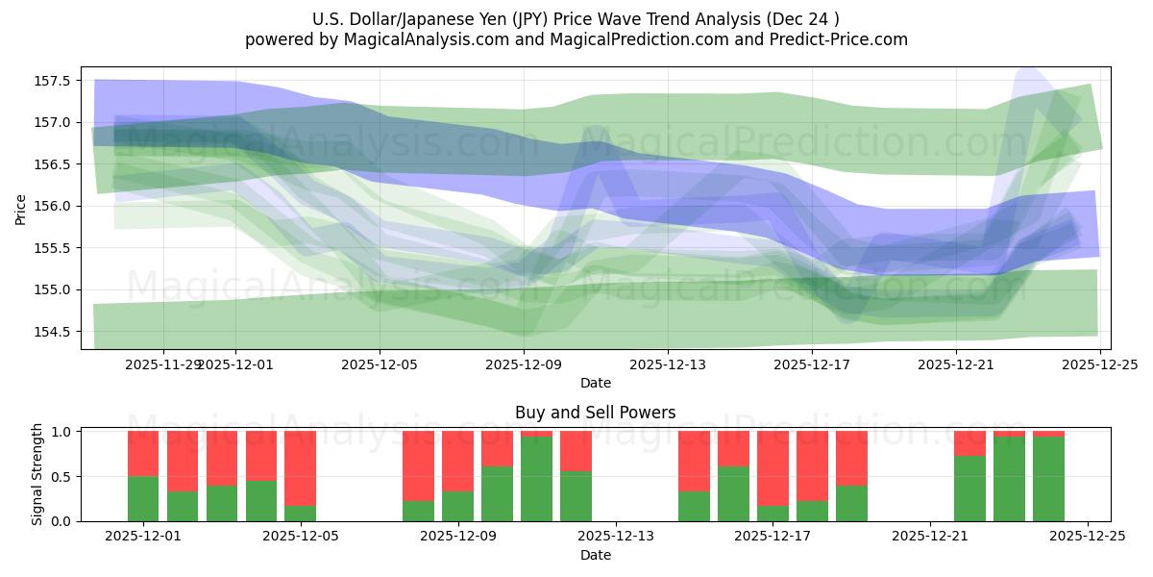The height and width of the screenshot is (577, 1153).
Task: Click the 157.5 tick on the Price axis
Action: [56, 80]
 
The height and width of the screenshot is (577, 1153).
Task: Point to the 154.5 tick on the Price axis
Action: [56, 332]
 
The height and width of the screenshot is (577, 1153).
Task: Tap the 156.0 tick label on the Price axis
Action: [56, 206]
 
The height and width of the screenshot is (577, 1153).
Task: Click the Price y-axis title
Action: [21, 208]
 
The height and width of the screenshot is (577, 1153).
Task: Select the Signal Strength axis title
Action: [37, 475]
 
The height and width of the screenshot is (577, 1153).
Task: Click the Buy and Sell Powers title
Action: [595, 413]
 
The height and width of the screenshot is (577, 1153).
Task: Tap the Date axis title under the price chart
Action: [595, 383]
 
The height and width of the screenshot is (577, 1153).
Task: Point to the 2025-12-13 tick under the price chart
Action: [668, 364]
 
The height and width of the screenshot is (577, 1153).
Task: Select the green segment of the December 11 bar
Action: [536, 479]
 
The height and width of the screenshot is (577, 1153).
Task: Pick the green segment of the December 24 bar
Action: [1048, 479]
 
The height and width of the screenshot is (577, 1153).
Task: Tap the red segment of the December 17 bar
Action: [773, 467]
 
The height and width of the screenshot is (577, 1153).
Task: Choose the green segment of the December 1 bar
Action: [143, 498]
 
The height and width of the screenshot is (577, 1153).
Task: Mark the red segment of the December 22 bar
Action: [969, 443]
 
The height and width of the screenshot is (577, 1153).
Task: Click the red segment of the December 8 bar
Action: [418, 465]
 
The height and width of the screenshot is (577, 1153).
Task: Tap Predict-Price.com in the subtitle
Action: [843, 39]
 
